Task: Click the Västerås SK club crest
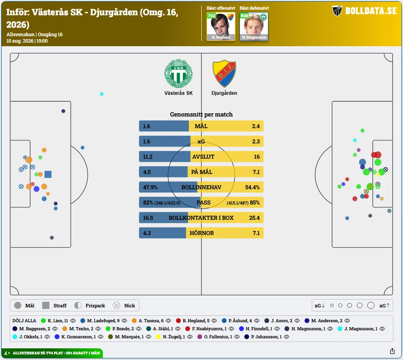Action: point(178,74)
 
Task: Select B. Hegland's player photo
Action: point(221,27)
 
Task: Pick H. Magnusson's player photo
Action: point(254,27)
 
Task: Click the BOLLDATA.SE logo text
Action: point(371,11)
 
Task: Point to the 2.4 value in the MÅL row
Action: point(256,126)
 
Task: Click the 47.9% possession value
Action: point(150,187)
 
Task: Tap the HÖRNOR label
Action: point(202,233)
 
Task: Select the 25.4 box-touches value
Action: point(254,218)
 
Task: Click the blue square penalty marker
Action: point(48,174)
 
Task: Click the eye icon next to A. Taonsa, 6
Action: point(168,321)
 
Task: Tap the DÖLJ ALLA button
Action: point(25,321)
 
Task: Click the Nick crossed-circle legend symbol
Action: point(117,305)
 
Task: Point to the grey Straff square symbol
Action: point(46,305)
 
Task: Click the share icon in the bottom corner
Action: point(392,351)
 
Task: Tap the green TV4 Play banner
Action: point(52,353)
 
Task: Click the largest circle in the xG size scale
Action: point(370,305)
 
